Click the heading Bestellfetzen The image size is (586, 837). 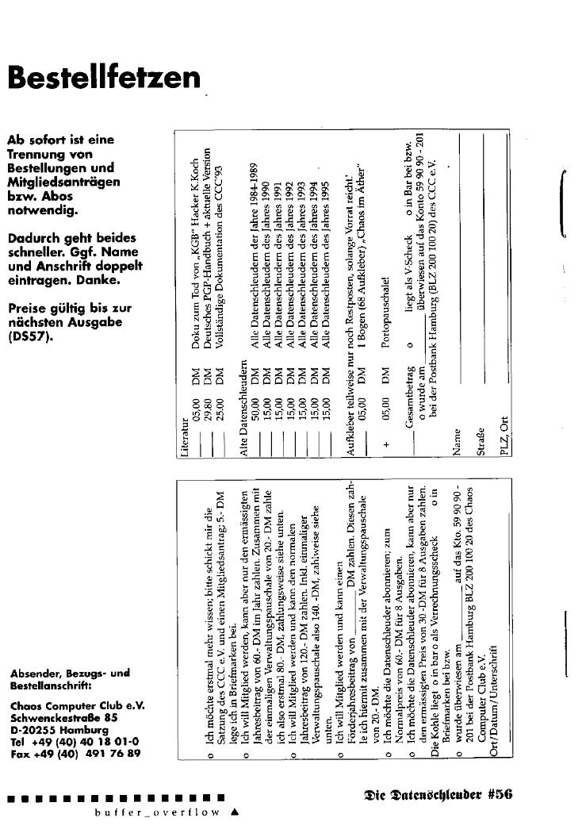(x=103, y=78)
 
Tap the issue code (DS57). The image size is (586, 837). (x=29, y=336)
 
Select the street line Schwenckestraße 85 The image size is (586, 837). (x=64, y=717)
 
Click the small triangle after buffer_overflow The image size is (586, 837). (x=234, y=812)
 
